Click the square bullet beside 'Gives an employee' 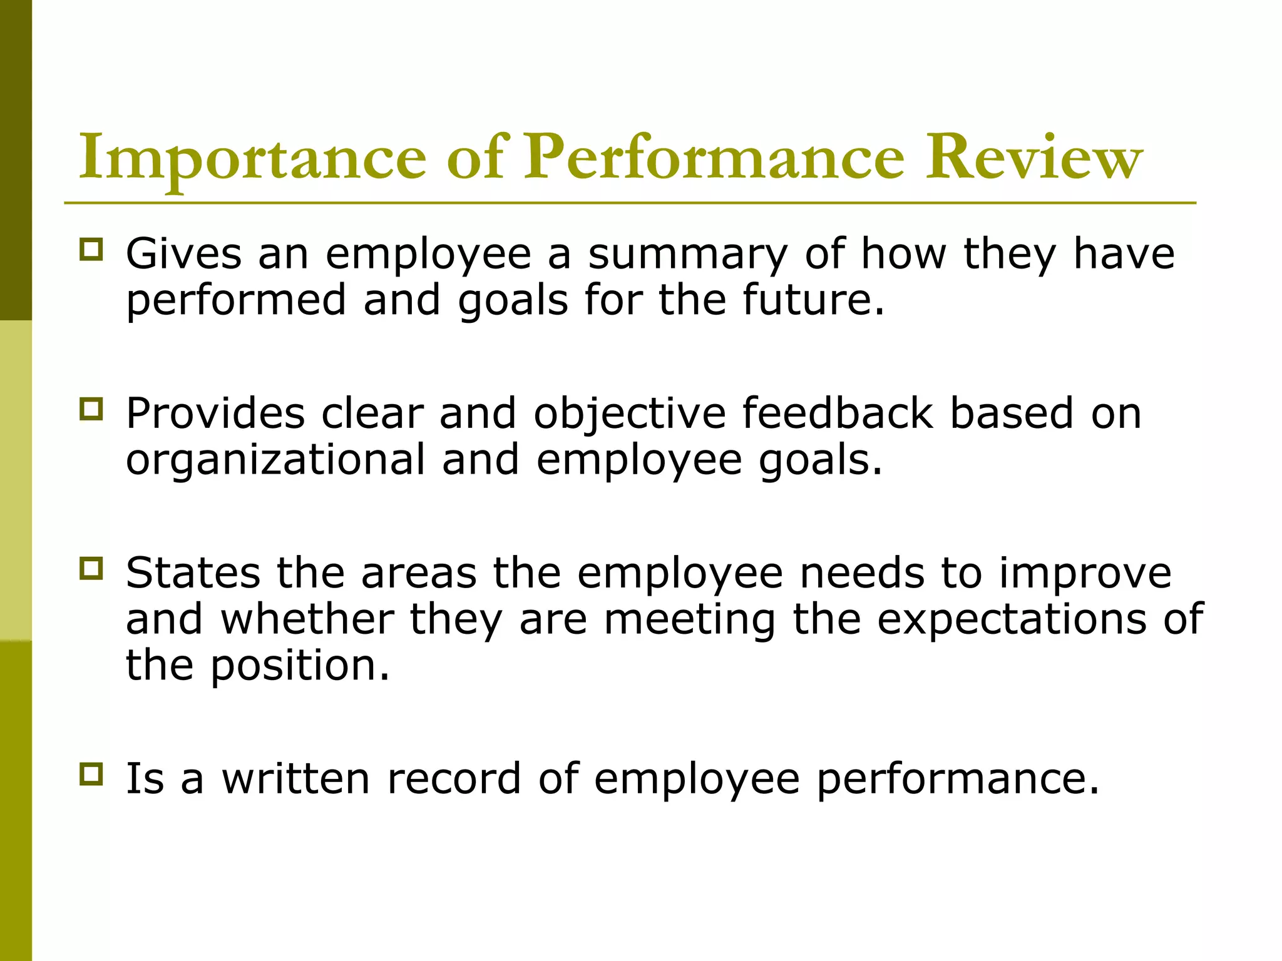click(x=91, y=249)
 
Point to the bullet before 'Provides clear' click(x=91, y=409)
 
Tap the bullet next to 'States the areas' click(x=91, y=569)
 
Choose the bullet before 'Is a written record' click(x=91, y=774)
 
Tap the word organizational click(x=275, y=460)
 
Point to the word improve click(x=1085, y=574)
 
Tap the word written click(x=296, y=779)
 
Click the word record click(x=454, y=779)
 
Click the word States click(x=193, y=573)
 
